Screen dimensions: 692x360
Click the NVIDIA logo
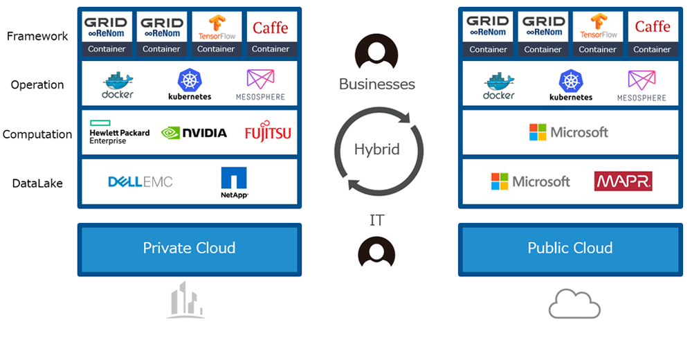tap(194, 132)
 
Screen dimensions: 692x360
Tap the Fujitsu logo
tap(268, 131)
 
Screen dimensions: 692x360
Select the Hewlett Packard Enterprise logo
tap(120, 132)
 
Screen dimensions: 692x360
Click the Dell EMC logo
tap(140, 181)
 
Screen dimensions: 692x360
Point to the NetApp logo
tap(234, 183)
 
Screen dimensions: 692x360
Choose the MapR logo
tap(623, 181)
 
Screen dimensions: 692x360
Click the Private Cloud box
tap(190, 249)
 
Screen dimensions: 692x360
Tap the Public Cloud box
tap(570, 249)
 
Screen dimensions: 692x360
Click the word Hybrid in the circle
tap(377, 150)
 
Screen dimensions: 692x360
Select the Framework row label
tap(37, 36)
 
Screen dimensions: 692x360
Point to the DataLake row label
tap(37, 183)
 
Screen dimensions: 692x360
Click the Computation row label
tap(37, 134)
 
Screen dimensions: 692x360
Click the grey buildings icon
tap(185, 300)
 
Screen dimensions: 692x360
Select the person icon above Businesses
tap(376, 51)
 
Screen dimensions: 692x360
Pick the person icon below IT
tap(376, 253)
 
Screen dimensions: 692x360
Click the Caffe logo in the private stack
tap(271, 28)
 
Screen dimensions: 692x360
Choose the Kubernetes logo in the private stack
tap(190, 84)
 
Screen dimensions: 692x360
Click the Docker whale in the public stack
tap(499, 85)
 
